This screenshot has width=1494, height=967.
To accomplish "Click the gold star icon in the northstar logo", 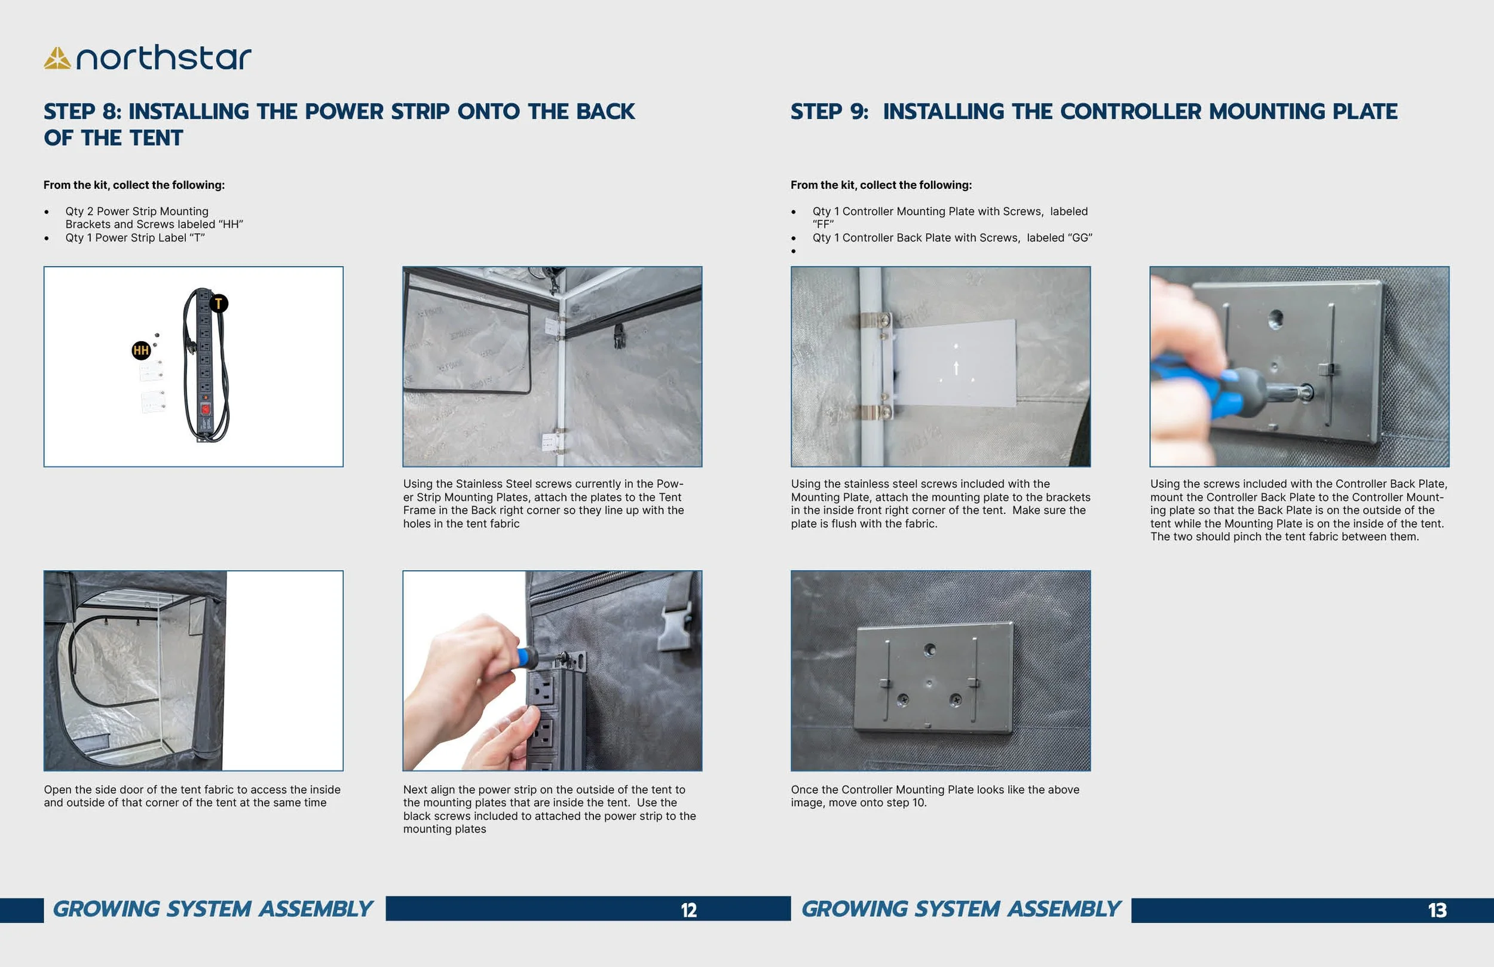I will pos(57,59).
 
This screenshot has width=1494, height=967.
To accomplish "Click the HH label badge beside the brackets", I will pos(140,350).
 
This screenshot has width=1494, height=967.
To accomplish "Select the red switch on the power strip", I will pos(205,410).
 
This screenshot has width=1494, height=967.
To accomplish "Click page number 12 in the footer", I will pos(688,910).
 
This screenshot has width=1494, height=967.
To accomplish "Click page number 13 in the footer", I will pos(1437,910).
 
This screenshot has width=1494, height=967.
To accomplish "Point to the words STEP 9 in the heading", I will pos(829,112).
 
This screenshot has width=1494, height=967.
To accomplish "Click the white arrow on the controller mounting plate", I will pos(956,368).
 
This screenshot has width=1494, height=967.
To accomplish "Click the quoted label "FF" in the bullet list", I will pos(822,225).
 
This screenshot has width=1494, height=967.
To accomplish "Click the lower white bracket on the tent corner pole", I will pos(550,442).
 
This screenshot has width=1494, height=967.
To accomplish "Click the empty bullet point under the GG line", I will pos(794,252).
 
